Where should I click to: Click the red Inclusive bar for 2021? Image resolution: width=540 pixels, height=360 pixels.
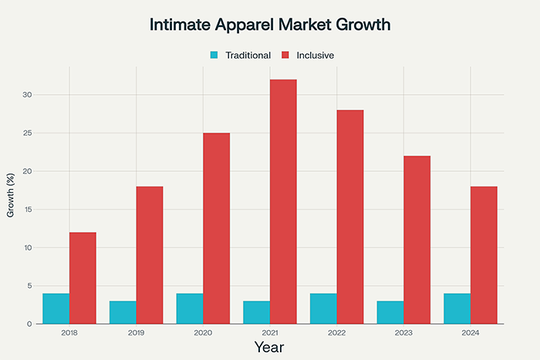(x=283, y=201)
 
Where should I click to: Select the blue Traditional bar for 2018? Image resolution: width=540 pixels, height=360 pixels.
(x=56, y=308)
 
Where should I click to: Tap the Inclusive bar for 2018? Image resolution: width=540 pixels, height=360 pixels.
(x=83, y=278)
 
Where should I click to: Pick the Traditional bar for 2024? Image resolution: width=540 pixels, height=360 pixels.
(x=457, y=308)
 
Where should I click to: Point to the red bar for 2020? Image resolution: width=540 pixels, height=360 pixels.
(x=217, y=228)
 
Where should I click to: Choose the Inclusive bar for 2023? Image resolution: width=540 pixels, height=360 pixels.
(x=417, y=240)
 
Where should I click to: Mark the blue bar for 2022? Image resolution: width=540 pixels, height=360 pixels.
(x=323, y=308)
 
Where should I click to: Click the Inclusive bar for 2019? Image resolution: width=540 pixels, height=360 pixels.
(x=150, y=255)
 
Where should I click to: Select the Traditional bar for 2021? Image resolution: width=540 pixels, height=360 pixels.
(x=257, y=312)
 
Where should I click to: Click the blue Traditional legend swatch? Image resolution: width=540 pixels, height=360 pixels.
(x=214, y=56)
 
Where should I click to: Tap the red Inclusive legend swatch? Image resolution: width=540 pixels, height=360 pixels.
(x=285, y=56)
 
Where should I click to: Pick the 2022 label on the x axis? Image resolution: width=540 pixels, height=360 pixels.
(x=336, y=334)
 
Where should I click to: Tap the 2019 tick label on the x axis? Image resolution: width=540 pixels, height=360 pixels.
(x=137, y=334)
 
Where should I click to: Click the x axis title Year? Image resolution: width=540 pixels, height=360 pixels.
(x=269, y=348)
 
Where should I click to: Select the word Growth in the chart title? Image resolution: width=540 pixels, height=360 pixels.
(x=363, y=25)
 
